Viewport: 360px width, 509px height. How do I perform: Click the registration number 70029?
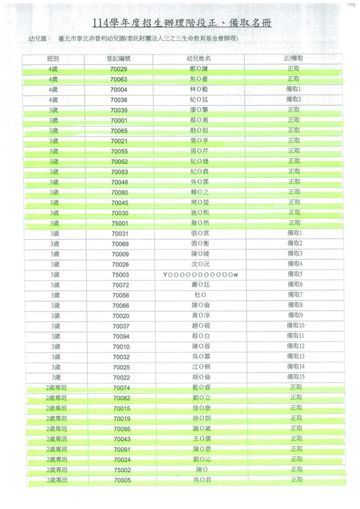(x=119, y=69)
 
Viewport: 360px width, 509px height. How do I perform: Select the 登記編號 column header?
(x=119, y=59)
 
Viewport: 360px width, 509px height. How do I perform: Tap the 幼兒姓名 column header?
(x=199, y=59)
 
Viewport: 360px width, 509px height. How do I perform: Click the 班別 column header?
(x=53, y=59)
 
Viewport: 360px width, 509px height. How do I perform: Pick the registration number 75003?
(x=119, y=274)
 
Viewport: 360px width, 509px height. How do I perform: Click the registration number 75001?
(x=119, y=223)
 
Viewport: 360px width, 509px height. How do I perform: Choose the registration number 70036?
(x=119, y=100)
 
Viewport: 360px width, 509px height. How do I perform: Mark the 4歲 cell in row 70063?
(x=53, y=79)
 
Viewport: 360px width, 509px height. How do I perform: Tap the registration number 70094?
(x=120, y=336)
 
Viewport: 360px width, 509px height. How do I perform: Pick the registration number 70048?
(x=119, y=182)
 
